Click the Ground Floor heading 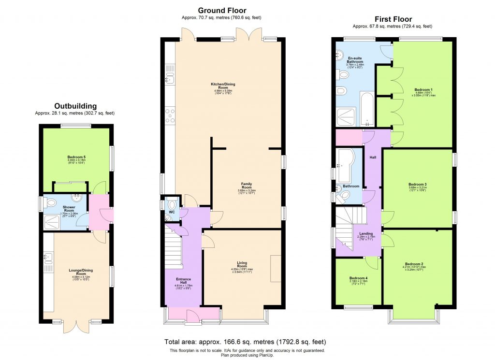(222, 10)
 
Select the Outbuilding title (75, 106)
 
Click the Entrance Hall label (183, 279)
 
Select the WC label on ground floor (172, 212)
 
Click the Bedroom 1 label (423, 90)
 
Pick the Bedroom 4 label (358, 278)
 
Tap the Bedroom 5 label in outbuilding (76, 158)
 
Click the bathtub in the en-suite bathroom (366, 109)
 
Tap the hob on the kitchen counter (170, 115)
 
